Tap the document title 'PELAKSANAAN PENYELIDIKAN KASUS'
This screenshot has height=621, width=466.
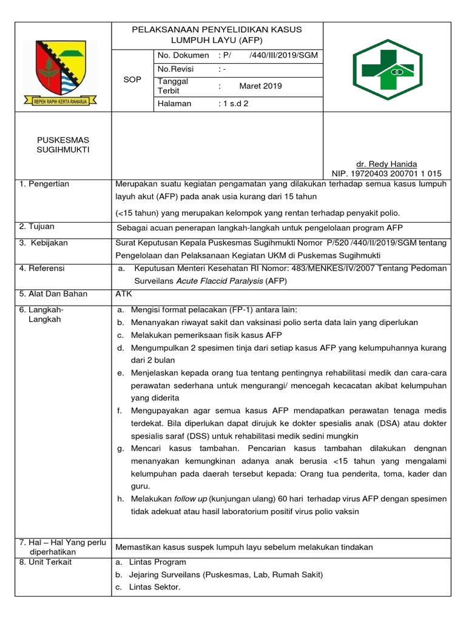pos(217,29)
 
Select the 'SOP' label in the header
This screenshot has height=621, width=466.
pos(132,79)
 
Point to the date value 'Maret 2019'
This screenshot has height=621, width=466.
pos(260,86)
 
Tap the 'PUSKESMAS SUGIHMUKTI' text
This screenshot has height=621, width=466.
pos(62,145)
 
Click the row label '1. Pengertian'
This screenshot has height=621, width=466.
pos(44,184)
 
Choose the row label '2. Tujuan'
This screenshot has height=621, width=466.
pos(36,226)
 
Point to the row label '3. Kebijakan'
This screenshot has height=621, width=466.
pos(44,243)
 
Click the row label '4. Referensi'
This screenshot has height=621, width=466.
pos(42,268)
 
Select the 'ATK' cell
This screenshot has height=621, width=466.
pos(123,294)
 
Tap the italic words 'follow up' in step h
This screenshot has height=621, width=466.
pos(191,498)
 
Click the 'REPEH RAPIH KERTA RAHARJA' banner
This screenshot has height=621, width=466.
pos(61,102)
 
